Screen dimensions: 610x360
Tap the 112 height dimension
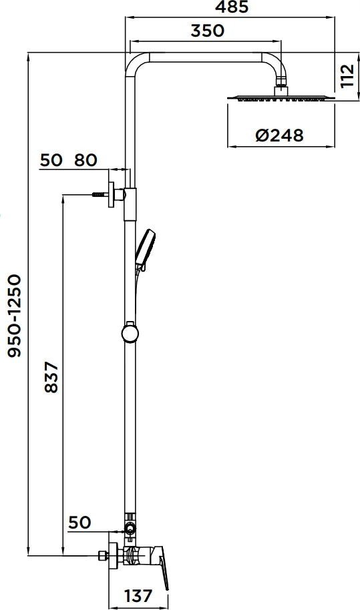click(345, 77)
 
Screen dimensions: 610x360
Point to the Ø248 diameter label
click(279, 135)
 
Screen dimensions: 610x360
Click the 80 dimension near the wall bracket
click(85, 160)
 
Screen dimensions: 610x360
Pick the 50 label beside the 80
click(51, 160)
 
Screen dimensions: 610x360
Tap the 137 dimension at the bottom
click(139, 595)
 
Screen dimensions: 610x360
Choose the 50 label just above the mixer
click(79, 522)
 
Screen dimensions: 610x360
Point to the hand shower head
click(146, 248)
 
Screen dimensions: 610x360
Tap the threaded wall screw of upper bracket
click(98, 194)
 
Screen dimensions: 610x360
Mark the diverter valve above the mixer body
click(129, 529)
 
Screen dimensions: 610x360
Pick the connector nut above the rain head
click(282, 85)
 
